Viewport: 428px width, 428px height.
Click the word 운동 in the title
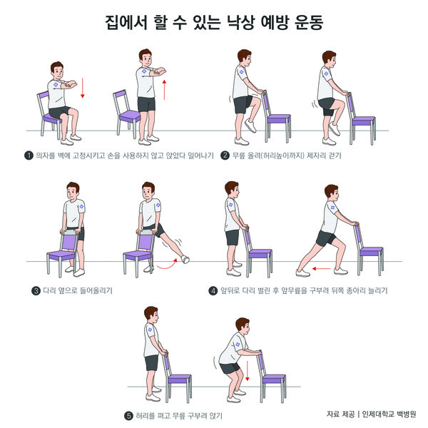[x=309, y=22]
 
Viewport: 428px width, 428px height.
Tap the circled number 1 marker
[x=29, y=156]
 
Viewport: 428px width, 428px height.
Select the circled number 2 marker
[x=225, y=156]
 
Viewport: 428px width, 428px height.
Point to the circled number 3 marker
[x=36, y=291]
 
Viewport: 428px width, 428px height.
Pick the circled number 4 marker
[x=213, y=291]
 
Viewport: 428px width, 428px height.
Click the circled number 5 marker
[x=128, y=416]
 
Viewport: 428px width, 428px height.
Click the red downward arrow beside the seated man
[x=83, y=88]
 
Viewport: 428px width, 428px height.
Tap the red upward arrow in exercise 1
[x=164, y=90]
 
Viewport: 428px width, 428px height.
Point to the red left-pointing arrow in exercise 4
[x=322, y=269]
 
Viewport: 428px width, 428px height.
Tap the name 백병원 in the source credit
[x=406, y=414]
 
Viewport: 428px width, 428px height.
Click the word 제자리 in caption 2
[x=316, y=156]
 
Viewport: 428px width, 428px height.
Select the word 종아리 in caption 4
[x=356, y=290]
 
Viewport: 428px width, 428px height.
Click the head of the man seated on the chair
[x=57, y=71]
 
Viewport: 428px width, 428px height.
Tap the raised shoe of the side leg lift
[x=185, y=259]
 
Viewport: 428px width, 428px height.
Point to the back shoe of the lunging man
[x=302, y=272]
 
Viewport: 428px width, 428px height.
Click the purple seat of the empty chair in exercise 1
[x=130, y=115]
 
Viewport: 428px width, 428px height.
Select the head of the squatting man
[x=243, y=325]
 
